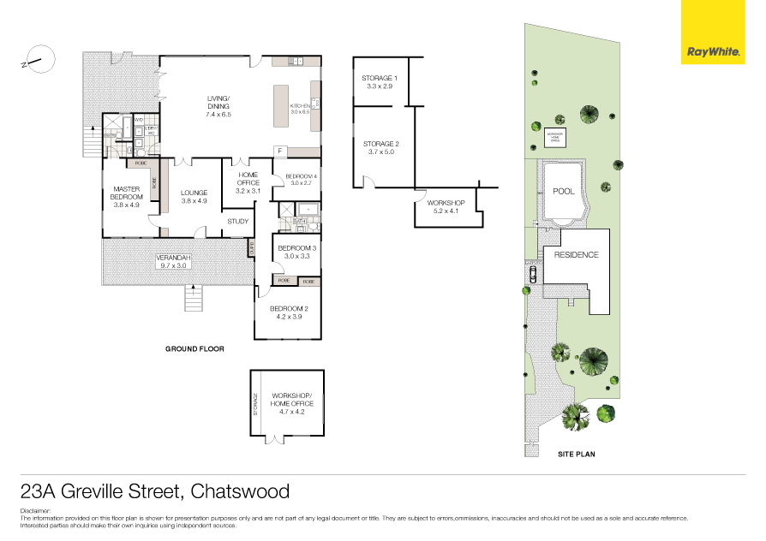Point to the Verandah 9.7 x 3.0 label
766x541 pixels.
pos(173,261)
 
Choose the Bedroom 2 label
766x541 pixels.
pos(289,312)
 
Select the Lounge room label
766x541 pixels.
pos(194,198)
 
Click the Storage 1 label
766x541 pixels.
pos(379,82)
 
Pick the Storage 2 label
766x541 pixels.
pos(380,148)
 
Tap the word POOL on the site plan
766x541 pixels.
pos(563,192)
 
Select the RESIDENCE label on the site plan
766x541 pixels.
pos(576,255)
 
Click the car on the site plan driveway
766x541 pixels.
pos(533,274)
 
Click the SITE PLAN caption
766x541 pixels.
pos(576,454)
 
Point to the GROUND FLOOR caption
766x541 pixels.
pos(194,349)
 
